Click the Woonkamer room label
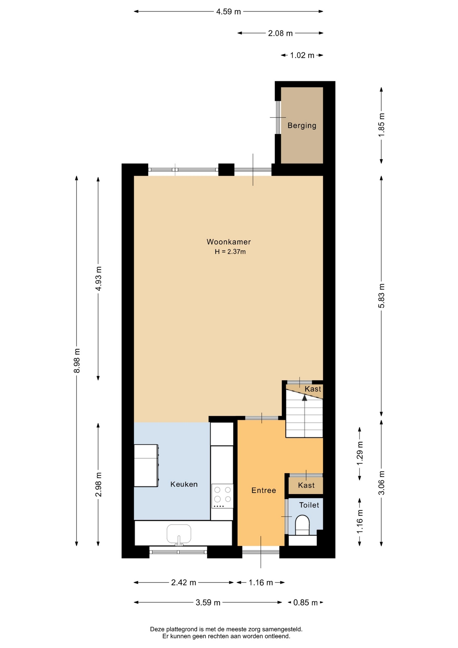(x=229, y=242)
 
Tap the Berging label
(x=302, y=126)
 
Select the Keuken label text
(x=184, y=484)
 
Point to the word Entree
(x=264, y=490)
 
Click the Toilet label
(x=309, y=505)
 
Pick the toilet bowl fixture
(x=302, y=525)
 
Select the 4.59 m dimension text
(x=229, y=12)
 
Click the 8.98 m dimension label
(x=77, y=360)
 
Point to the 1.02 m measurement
(x=302, y=55)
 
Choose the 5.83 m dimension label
(x=381, y=296)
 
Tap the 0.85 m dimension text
(x=306, y=602)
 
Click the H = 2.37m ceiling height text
(x=230, y=251)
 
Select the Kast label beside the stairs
(x=313, y=389)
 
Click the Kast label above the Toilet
(x=306, y=485)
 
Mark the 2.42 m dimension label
(x=183, y=583)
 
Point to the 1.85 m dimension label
(x=381, y=125)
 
